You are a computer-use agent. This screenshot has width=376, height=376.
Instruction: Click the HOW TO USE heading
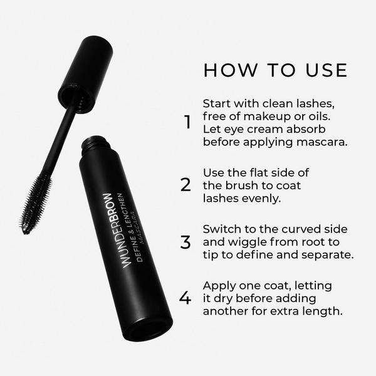pyautogui.click(x=275, y=70)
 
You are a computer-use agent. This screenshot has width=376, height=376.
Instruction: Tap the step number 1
pyautogui.click(x=187, y=122)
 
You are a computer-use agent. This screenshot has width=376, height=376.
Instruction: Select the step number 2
pyautogui.click(x=185, y=185)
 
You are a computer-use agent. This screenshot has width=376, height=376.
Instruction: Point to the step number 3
pyautogui.click(x=185, y=241)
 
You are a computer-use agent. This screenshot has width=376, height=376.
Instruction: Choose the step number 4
pyautogui.click(x=185, y=298)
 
